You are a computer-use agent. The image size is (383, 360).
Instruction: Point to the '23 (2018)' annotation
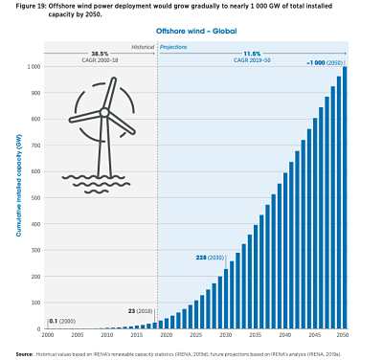coord(140,311)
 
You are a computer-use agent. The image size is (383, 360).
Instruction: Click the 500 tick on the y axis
coord(34,198)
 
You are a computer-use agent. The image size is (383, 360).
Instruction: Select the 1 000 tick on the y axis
coord(33,67)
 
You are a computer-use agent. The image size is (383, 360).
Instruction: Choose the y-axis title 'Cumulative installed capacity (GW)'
coord(16,197)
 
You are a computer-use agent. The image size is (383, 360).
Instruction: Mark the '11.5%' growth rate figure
coord(252,55)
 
